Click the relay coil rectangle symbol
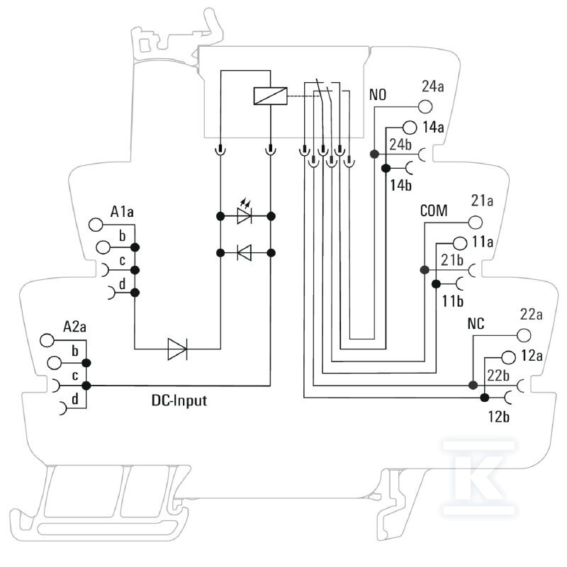click(271, 96)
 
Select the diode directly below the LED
click(245, 252)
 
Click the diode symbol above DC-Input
click(178, 349)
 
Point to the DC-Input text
click(179, 400)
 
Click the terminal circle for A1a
click(96, 225)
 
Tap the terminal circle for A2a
click(47, 340)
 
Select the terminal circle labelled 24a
click(425, 107)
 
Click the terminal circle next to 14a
click(410, 128)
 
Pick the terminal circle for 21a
click(475, 223)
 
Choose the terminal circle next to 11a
click(459, 243)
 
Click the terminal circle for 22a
click(524, 335)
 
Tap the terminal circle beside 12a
click(508, 357)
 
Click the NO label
click(378, 95)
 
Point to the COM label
click(434, 210)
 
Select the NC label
click(476, 324)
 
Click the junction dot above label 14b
click(386, 168)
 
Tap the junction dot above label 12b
click(485, 398)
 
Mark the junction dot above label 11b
click(436, 284)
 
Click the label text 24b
click(400, 145)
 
